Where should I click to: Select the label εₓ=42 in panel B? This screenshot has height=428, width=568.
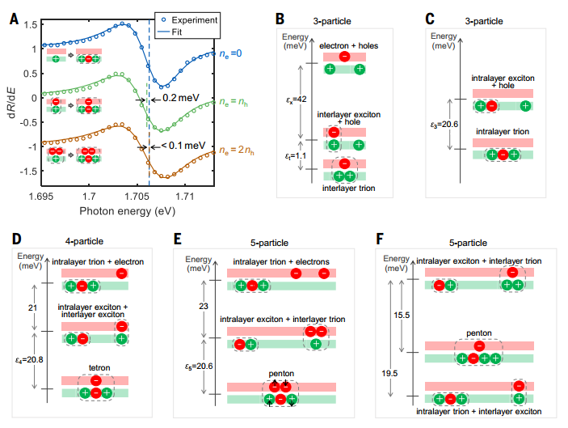pos(297,100)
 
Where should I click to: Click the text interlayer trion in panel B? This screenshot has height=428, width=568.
pos(347,189)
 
